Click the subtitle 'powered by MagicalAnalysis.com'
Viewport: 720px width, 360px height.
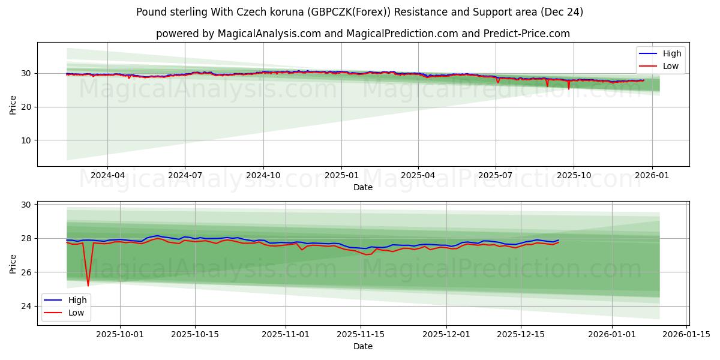(362, 34)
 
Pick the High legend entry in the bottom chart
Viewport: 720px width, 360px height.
(77, 300)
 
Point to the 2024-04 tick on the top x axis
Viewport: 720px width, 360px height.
(107, 175)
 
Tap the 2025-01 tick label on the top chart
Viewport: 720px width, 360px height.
(341, 175)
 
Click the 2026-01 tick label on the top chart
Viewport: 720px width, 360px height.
(652, 175)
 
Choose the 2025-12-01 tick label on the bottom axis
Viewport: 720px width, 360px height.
(446, 334)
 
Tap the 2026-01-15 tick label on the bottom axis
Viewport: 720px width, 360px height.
(686, 334)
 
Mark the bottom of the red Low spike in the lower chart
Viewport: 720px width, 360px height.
(88, 286)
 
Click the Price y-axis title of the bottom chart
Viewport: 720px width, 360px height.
(13, 263)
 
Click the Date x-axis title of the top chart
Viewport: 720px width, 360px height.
(362, 187)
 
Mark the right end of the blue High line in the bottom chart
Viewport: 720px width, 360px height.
(559, 240)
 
